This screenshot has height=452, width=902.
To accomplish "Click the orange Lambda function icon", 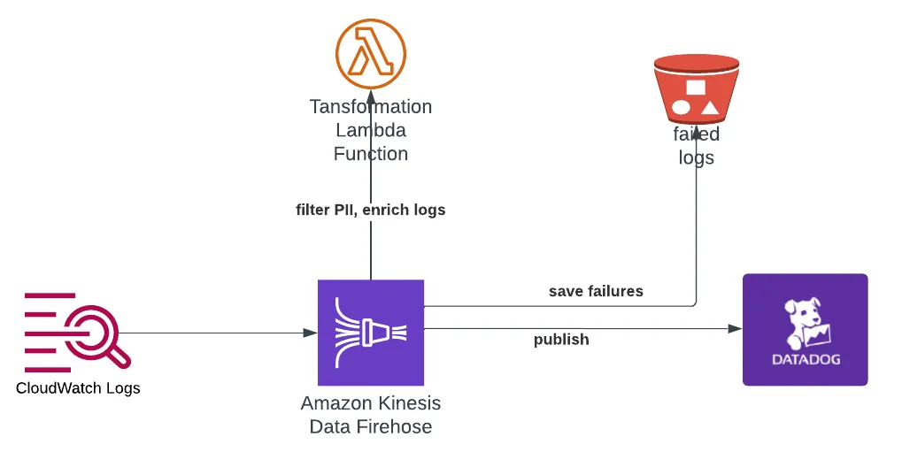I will [x=370, y=53].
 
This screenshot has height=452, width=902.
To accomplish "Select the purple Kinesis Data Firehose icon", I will [x=370, y=333].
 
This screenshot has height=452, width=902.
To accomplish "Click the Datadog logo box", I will [x=805, y=329].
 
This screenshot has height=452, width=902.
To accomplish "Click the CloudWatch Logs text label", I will [x=78, y=388].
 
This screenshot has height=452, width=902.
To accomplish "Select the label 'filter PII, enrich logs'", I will [x=370, y=210].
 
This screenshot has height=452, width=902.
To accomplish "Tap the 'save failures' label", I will [x=596, y=291].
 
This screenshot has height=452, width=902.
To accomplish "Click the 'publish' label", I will [x=561, y=340].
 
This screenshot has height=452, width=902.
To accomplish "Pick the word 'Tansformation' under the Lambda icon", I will [x=370, y=107].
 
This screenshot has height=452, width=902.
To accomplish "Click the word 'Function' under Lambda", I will [x=370, y=154].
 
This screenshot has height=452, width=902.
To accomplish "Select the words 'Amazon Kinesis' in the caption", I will [x=370, y=403].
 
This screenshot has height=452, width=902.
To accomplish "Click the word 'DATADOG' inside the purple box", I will [x=805, y=360].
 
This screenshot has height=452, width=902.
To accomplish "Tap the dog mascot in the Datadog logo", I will [x=805, y=320].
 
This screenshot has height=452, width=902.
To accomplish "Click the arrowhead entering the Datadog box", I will [x=735, y=329].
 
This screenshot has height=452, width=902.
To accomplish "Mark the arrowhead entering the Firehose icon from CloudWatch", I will [x=310, y=333].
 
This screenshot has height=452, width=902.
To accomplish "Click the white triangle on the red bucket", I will [x=710, y=109].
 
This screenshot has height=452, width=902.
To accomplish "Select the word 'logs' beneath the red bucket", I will [x=696, y=158].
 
